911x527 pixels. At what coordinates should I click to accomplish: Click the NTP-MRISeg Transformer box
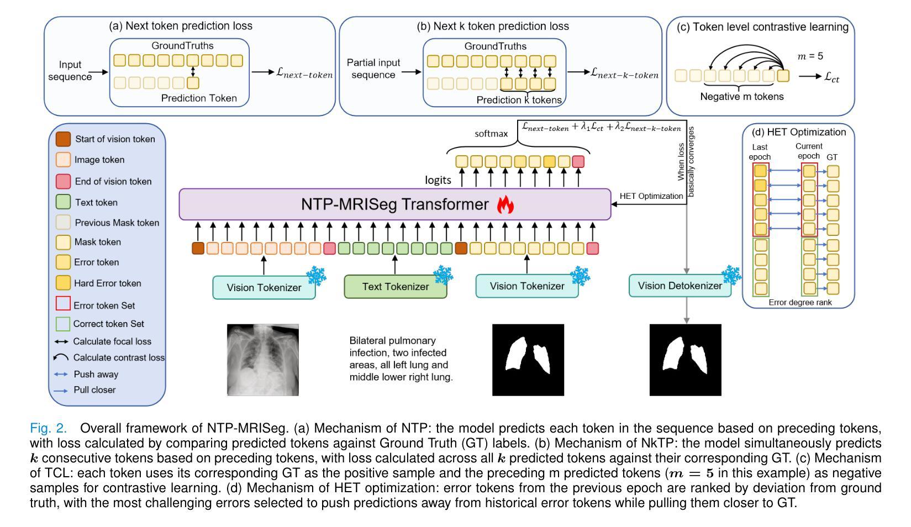[395, 204]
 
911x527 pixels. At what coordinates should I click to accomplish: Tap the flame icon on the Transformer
[505, 204]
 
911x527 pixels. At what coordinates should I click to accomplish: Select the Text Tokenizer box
[396, 287]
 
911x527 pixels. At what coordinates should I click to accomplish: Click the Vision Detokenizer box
[680, 286]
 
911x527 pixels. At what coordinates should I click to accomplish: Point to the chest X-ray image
[263, 360]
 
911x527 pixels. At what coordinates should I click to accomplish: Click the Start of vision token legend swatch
[63, 139]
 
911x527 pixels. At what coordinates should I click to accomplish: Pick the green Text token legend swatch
[63, 202]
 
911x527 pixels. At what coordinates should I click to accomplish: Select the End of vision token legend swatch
[63, 181]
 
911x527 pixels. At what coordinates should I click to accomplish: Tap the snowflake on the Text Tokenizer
[443, 275]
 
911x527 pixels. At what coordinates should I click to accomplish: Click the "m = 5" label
[810, 56]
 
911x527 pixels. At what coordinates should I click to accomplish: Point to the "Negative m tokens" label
[742, 97]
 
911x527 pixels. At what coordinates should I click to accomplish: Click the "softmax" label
[491, 134]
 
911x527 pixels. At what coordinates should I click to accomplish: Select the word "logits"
[438, 180]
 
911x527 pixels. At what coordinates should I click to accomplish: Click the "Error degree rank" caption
[800, 303]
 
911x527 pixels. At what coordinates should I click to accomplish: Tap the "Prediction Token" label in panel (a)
[199, 98]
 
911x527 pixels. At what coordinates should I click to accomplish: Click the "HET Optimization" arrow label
[651, 196]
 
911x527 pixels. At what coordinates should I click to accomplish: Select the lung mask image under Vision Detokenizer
[685, 360]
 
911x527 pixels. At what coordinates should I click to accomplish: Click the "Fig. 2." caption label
[48, 428]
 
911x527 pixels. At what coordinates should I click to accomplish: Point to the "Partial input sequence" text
[373, 68]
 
